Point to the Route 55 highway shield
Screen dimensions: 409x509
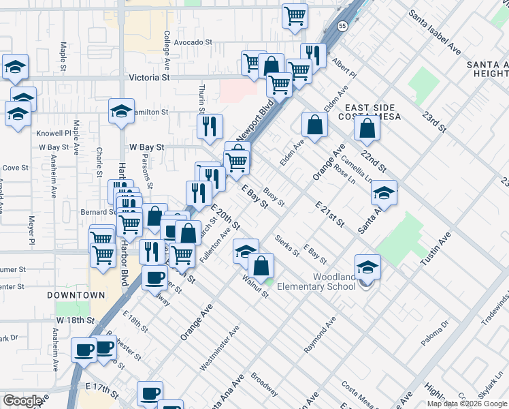(x=342, y=25)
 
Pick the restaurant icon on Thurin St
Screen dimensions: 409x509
(x=210, y=125)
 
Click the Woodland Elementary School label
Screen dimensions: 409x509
(x=334, y=282)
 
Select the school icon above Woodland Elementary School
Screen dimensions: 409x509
(x=367, y=267)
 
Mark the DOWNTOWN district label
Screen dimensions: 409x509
(x=76, y=295)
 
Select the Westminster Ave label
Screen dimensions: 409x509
(x=219, y=347)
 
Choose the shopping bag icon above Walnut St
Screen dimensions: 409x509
(x=261, y=265)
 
